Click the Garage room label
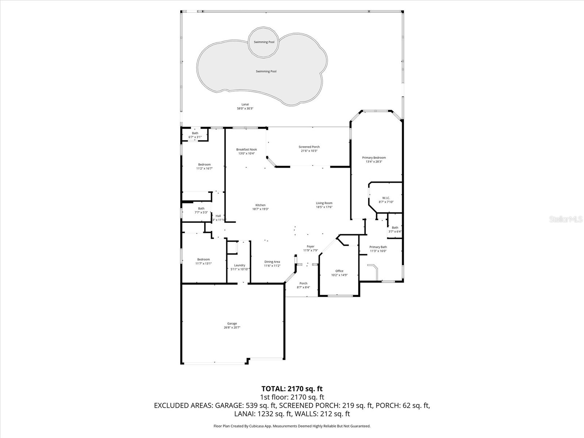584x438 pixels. tap(232, 324)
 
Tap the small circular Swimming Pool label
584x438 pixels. tap(264, 42)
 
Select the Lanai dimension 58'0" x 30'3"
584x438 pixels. tap(245, 109)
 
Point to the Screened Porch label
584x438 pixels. tap(309, 147)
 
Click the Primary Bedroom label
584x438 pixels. tap(374, 158)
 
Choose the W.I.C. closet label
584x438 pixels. tap(386, 198)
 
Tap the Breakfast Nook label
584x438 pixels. tap(246, 150)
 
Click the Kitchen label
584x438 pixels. tap(260, 205)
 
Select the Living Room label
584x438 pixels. tap(324, 203)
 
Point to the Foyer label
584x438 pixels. tap(310, 247)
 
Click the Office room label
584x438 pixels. tap(339, 271)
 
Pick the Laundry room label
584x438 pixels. tap(239, 265)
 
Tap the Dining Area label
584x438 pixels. tap(272, 262)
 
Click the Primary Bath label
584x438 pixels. tap(378, 247)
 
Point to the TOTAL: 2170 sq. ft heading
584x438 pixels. tap(292, 389)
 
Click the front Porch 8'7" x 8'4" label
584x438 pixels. tap(303, 284)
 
